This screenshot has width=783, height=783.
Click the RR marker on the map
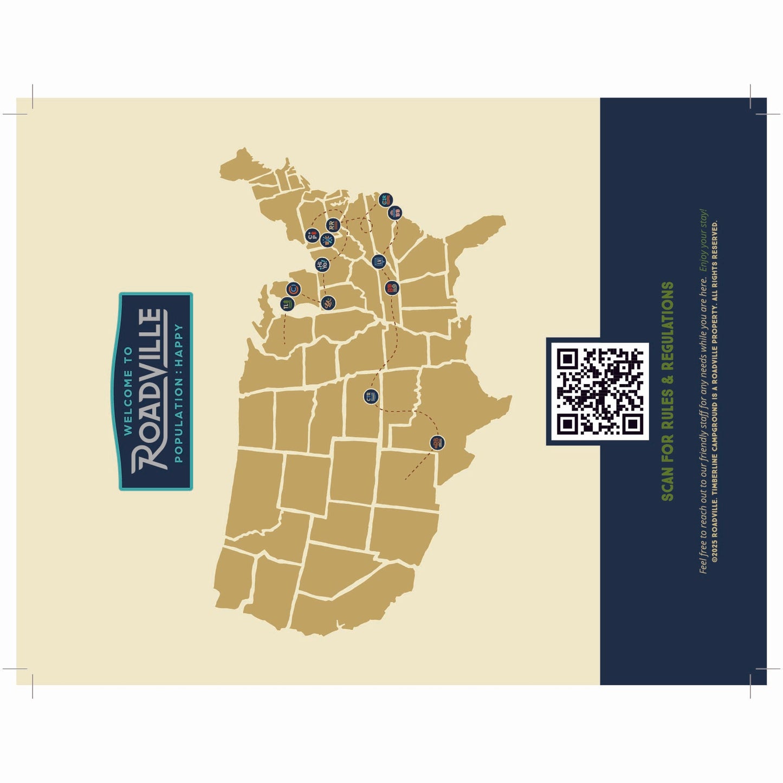(x=332, y=225)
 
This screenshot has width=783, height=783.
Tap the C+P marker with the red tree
(x=312, y=236)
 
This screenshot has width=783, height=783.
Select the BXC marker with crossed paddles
(x=327, y=240)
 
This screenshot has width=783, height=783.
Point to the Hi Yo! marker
(x=321, y=265)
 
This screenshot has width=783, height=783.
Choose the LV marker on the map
(x=378, y=261)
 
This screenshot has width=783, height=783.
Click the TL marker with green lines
(x=287, y=305)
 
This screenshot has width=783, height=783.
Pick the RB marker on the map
(x=437, y=443)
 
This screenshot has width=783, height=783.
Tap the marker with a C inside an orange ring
(x=293, y=289)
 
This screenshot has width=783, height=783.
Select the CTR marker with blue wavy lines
(x=371, y=397)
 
